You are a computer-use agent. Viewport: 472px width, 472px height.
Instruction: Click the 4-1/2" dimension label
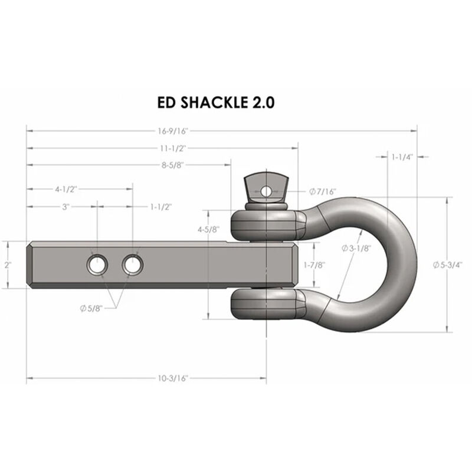[x=66, y=189]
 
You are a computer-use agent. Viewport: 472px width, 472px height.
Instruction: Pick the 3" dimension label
[x=66, y=207]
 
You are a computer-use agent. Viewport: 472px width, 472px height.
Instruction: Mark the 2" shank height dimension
[x=8, y=265]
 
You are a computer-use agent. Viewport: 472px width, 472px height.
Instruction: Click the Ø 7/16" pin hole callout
[x=322, y=192]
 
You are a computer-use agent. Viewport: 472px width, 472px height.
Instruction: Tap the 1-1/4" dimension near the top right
[x=402, y=157]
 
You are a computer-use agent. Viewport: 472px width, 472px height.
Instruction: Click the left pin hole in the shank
[x=96, y=265]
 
